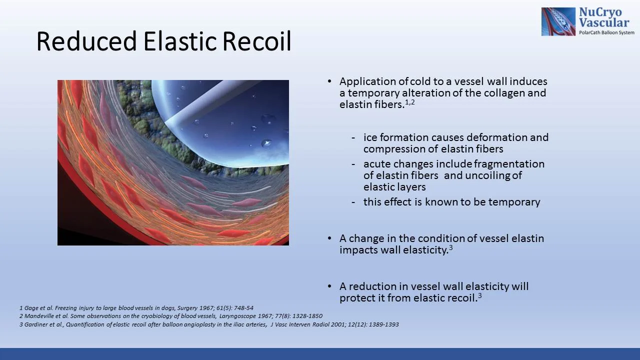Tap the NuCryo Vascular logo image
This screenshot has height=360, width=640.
558,21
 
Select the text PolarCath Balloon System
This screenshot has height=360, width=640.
606,32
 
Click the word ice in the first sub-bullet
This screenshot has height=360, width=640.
370,137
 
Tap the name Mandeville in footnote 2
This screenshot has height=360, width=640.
39,316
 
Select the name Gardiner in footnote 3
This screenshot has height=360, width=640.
36,324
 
